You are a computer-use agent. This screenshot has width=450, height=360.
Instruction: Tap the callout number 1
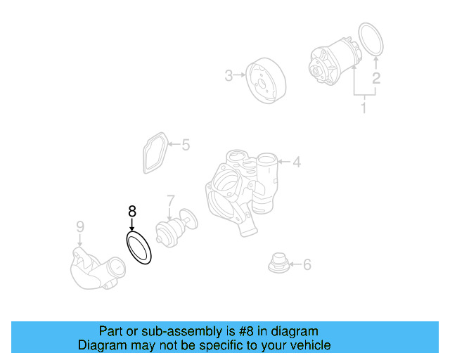coord(364,108)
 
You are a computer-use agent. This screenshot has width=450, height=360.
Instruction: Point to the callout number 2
coord(376,78)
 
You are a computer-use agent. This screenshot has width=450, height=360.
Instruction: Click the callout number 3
coord(229,75)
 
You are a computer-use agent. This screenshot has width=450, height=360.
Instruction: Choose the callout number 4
coord(297,162)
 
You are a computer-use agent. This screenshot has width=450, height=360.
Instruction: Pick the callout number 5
coord(186,146)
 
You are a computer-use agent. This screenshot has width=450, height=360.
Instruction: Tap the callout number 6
coord(307,265)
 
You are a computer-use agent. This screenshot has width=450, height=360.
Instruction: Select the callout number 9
coord(79,226)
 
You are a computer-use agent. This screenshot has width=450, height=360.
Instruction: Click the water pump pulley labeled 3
coord(264,81)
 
